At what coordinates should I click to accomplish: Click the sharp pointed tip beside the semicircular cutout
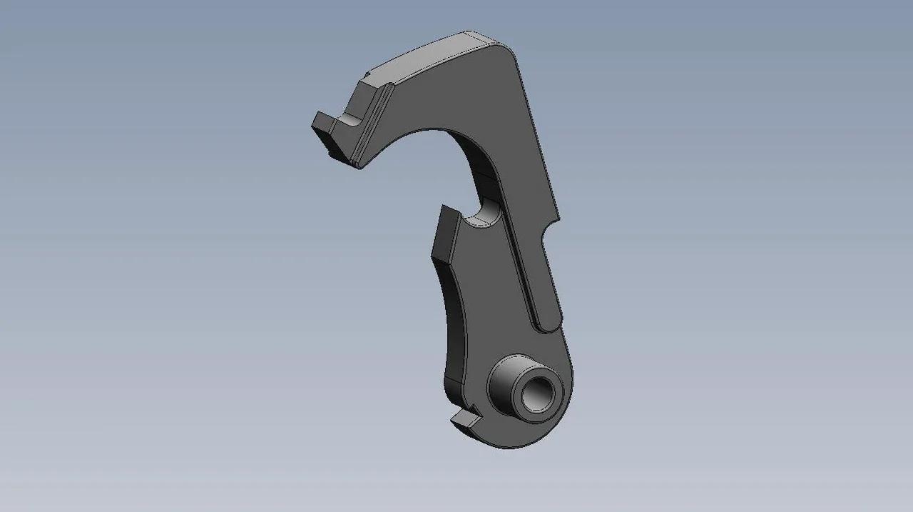(444, 208)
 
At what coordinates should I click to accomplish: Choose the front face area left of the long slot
(492, 286)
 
